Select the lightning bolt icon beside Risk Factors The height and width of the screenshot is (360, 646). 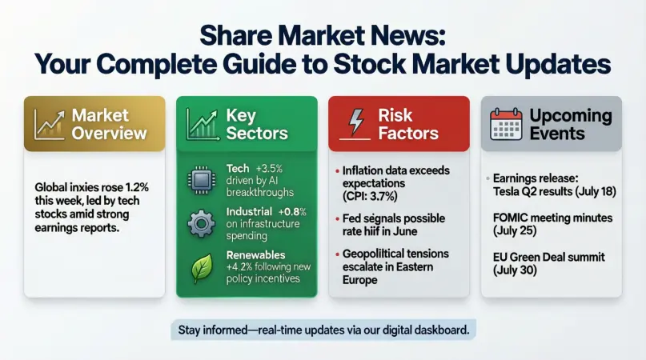pyautogui.click(x=355, y=122)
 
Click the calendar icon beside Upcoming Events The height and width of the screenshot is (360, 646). pyautogui.click(x=505, y=124)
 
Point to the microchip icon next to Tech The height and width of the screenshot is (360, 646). pyautogui.click(x=199, y=178)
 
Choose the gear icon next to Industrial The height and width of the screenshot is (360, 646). pyautogui.click(x=199, y=223)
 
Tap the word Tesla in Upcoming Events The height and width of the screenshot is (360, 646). pyautogui.click(x=508, y=189)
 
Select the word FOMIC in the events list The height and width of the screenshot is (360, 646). pyautogui.click(x=512, y=217)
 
